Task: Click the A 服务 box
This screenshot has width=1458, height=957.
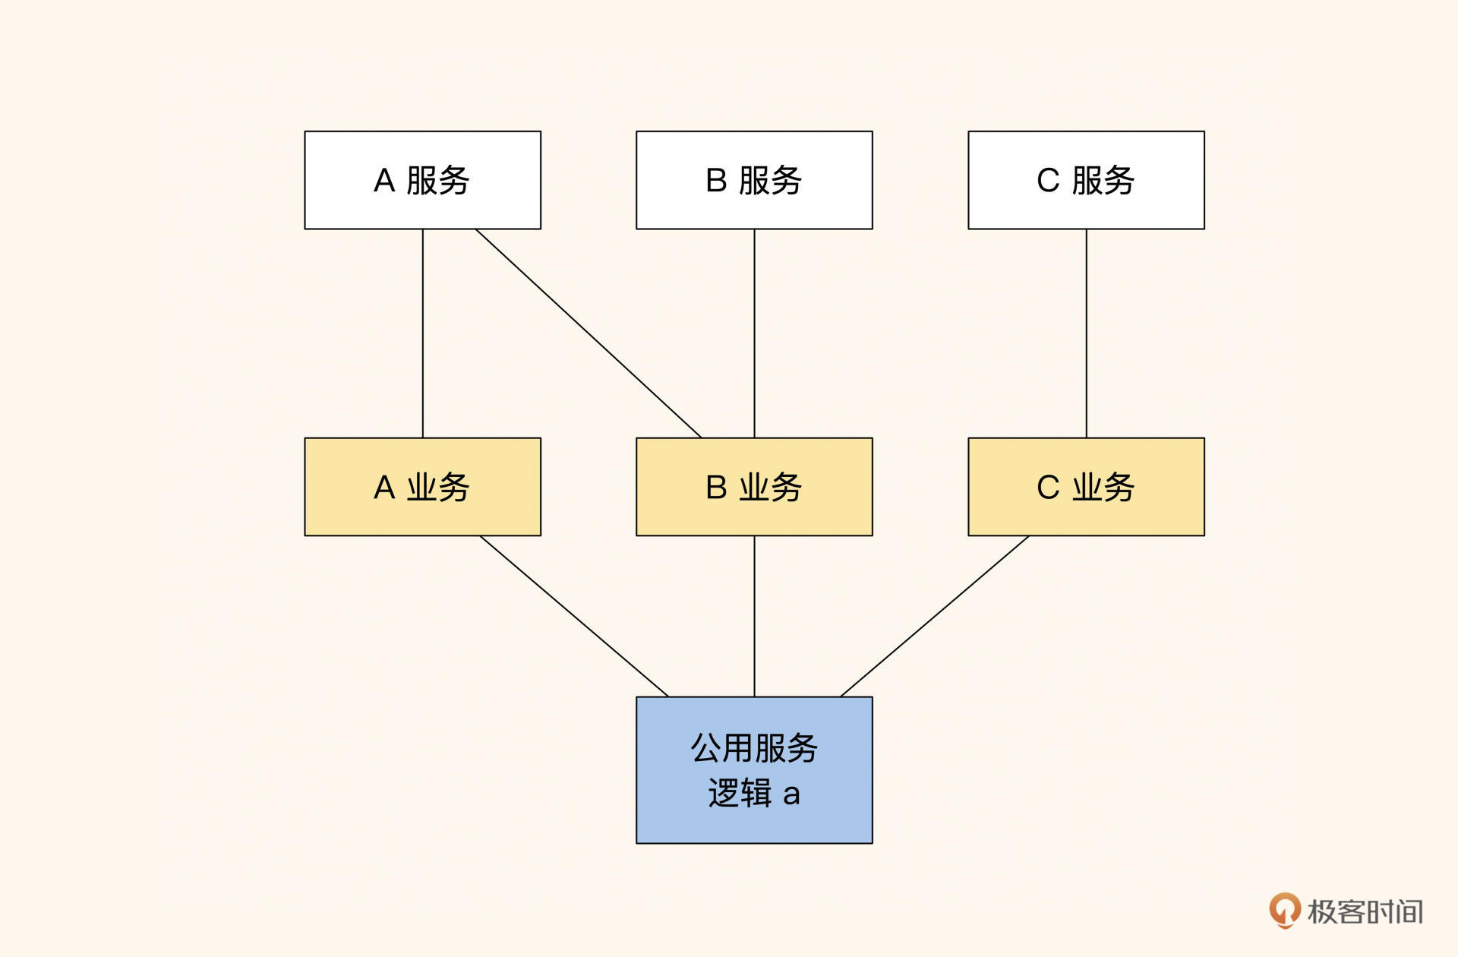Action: pyautogui.click(x=422, y=180)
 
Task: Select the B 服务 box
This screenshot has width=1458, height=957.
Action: pyautogui.click(x=754, y=180)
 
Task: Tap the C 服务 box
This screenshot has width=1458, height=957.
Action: pyautogui.click(x=1086, y=180)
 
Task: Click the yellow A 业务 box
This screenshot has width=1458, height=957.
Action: pyautogui.click(x=422, y=487)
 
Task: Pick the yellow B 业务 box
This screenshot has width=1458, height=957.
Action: pyautogui.click(x=754, y=487)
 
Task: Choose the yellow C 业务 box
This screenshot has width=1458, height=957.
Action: pyautogui.click(x=1086, y=487)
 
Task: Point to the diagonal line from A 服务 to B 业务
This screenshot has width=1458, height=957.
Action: pyautogui.click(x=589, y=333)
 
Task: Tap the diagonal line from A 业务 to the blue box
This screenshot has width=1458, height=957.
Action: pyautogui.click(x=574, y=616)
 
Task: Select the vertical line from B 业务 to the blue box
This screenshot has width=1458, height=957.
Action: pyautogui.click(x=754, y=616)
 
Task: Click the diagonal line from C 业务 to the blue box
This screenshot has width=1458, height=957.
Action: pyautogui.click(x=935, y=616)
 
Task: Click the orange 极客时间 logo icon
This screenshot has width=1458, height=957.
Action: pyautogui.click(x=1284, y=909)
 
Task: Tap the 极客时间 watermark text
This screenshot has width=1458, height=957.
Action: pyautogui.click(x=1365, y=911)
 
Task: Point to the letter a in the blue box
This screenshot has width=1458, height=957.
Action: pyautogui.click(x=791, y=794)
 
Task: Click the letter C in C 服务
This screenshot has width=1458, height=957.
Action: pyautogui.click(x=1048, y=181)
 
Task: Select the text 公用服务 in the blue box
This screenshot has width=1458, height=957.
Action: pyautogui.click(x=754, y=748)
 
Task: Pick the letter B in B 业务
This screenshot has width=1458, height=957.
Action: pyautogui.click(x=716, y=488)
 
